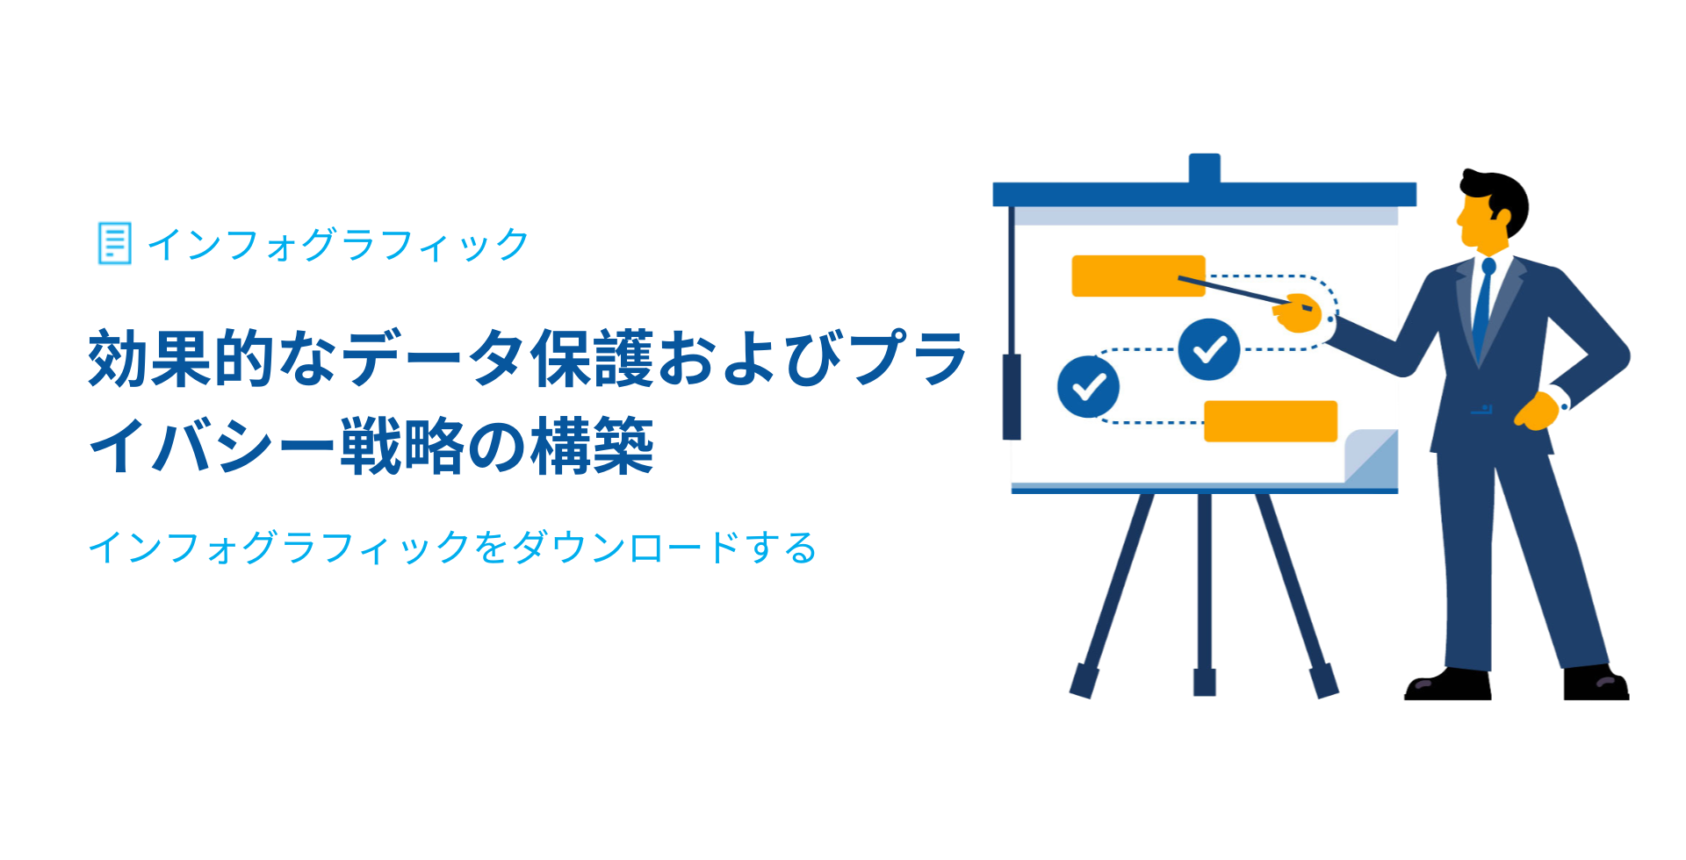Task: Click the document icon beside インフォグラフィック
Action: pyautogui.click(x=114, y=243)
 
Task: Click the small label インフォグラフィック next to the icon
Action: pyautogui.click(x=338, y=244)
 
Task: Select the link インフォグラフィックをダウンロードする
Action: pyautogui.click(x=452, y=547)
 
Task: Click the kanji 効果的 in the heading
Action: pyautogui.click(x=183, y=358)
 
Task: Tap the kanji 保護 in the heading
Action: pyautogui.click(x=593, y=358)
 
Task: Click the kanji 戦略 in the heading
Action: pyautogui.click(x=403, y=446)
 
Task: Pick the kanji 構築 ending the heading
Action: pyautogui.click(x=593, y=446)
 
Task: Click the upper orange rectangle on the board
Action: pyautogui.click(x=1138, y=276)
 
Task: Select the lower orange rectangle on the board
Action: pyautogui.click(x=1271, y=421)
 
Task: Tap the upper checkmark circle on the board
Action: pyautogui.click(x=1209, y=349)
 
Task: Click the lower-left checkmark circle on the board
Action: pyautogui.click(x=1089, y=386)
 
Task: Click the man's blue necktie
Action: pyautogui.click(x=1482, y=307)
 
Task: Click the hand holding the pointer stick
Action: pyautogui.click(x=1298, y=313)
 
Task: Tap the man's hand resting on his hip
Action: pyautogui.click(x=1537, y=411)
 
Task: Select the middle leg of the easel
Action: pyautogui.click(x=1205, y=594)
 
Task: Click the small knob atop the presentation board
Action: pyautogui.click(x=1205, y=168)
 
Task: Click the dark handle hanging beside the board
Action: pyautogui.click(x=1012, y=397)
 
